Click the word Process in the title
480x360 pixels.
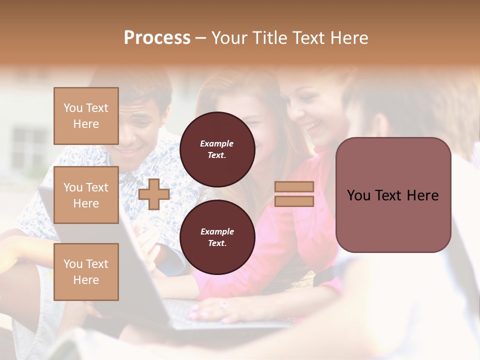157,38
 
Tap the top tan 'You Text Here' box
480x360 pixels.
86,116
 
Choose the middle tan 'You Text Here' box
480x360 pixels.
86,195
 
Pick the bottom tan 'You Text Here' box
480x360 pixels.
86,271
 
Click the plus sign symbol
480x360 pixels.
154,194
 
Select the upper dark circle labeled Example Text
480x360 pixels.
217,149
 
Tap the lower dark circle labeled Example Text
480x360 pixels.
217,237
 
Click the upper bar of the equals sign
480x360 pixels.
294,187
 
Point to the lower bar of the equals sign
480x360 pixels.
294,201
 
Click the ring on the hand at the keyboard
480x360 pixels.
223,303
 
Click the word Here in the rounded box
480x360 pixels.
423,195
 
